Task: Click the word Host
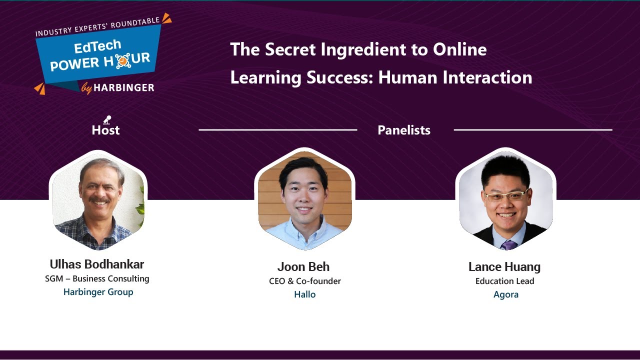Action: point(105,130)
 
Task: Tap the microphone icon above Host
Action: point(107,119)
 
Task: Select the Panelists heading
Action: point(404,130)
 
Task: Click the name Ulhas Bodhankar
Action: point(97,264)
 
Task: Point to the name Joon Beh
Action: point(303,266)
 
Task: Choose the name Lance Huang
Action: point(504,266)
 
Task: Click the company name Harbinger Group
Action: point(98,292)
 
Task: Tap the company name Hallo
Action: point(304,294)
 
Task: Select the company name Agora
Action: point(505,294)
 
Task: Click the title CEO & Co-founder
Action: point(304,281)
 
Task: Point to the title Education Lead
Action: point(504,281)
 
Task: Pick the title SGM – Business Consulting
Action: point(97,278)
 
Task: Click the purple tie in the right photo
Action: point(508,244)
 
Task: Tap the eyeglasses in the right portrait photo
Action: point(505,196)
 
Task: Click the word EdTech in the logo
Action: point(97,47)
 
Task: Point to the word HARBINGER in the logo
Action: point(124,88)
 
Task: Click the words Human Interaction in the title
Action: point(455,77)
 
